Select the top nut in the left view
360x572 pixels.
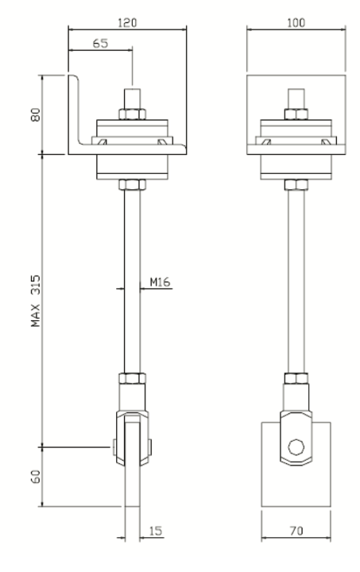[132, 112]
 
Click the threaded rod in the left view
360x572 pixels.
[132, 278]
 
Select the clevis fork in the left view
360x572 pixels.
[132, 437]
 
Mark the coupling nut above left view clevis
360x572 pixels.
[132, 380]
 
